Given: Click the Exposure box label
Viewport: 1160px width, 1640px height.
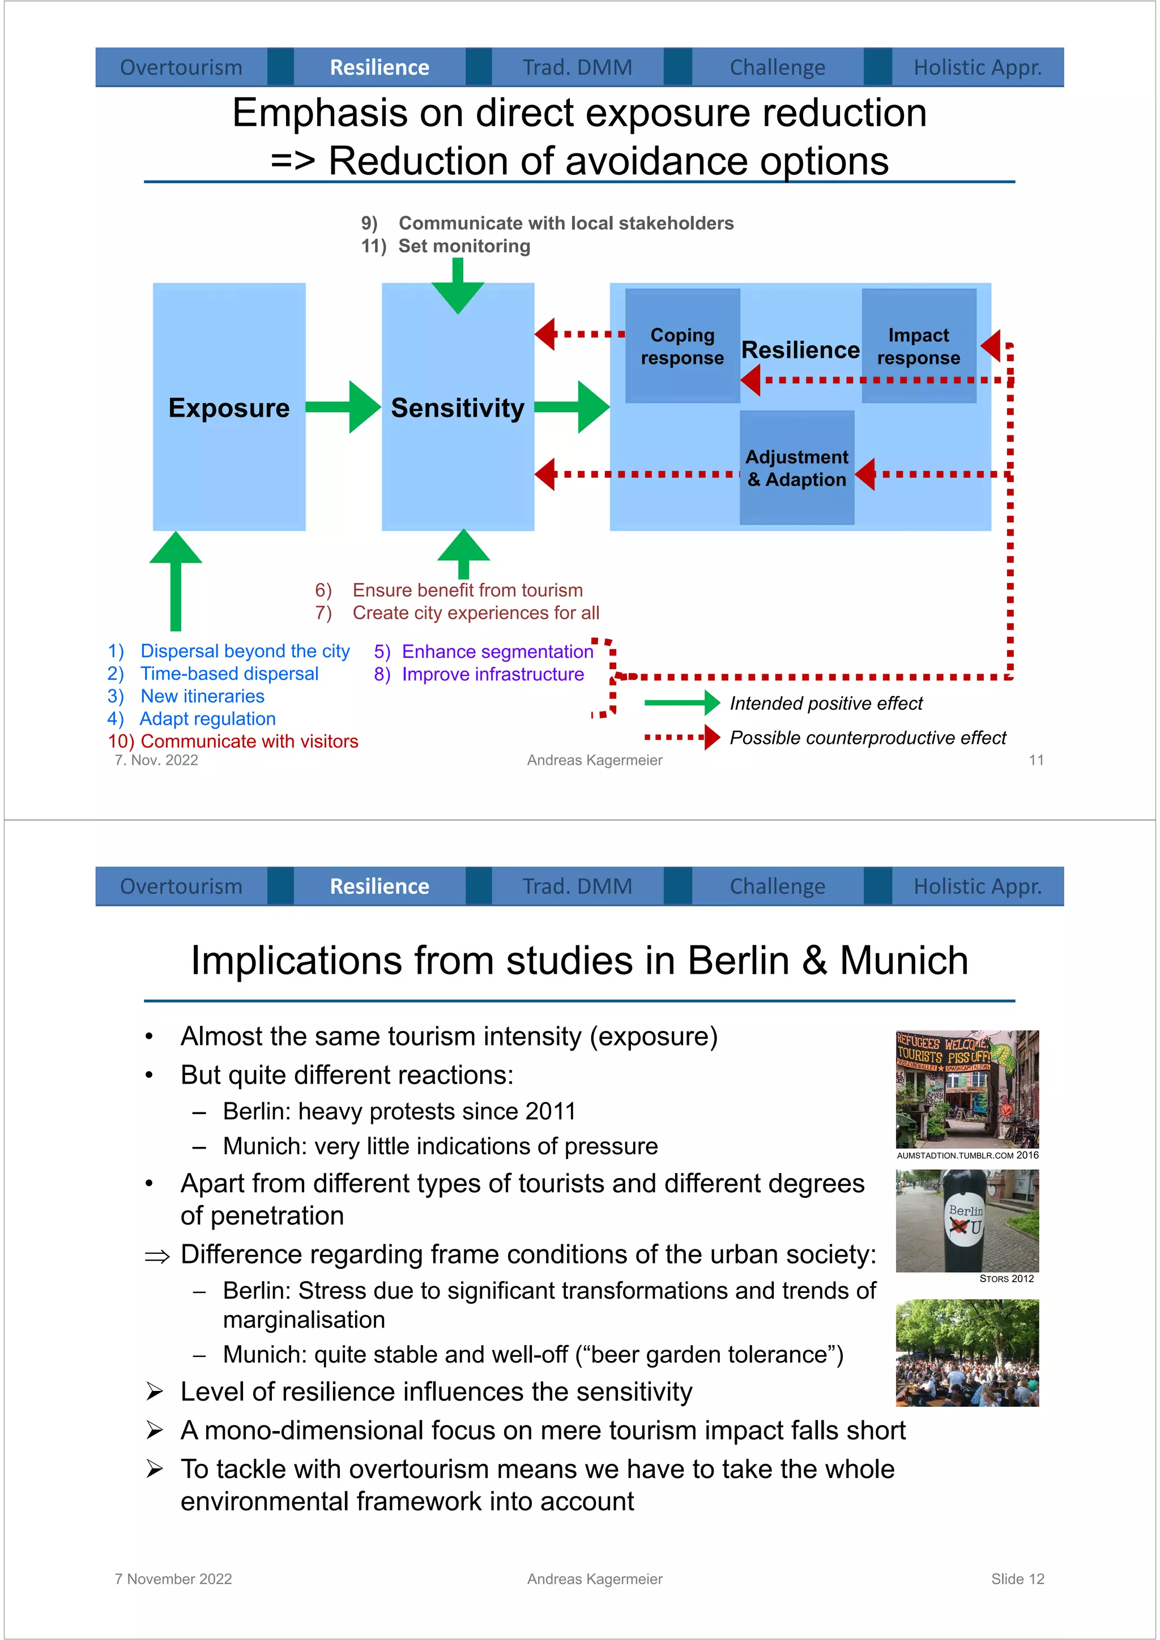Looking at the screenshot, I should click(x=229, y=408).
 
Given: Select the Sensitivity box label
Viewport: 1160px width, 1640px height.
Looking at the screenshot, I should click(x=458, y=408).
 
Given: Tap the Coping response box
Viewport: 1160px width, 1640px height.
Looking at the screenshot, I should click(x=682, y=346).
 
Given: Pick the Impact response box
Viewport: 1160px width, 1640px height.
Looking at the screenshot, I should click(x=918, y=346).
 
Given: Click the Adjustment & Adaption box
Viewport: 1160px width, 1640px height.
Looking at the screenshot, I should click(x=796, y=468).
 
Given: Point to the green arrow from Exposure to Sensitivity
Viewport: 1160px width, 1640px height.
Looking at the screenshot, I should click(x=343, y=407).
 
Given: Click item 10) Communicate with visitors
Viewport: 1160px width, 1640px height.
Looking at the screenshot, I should click(x=233, y=742).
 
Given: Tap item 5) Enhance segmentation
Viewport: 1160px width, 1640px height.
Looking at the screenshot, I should click(x=484, y=652).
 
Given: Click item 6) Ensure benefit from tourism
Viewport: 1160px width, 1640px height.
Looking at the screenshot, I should click(x=449, y=590).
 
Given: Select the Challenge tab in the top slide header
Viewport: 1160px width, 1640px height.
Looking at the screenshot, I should click(x=777, y=67).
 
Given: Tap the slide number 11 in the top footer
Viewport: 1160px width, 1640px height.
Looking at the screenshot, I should click(x=1035, y=760).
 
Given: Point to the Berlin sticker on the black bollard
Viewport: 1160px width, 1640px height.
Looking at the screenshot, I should click(x=966, y=1220).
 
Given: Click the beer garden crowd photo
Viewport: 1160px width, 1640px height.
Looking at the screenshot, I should click(x=966, y=1353).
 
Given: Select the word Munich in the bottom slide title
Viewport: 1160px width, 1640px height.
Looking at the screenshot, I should click(x=903, y=961).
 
